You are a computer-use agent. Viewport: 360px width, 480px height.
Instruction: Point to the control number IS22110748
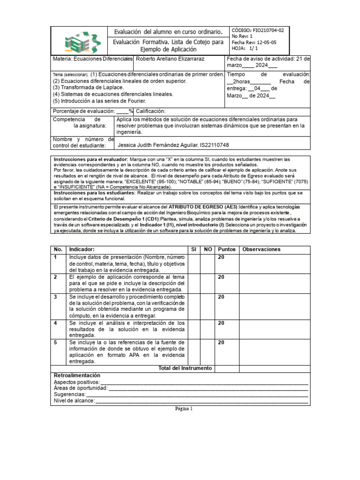tap(215, 145)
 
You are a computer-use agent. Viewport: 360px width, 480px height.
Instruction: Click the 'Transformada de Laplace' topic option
tap(89, 87)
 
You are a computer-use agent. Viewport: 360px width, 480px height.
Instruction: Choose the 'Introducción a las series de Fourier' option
tap(99, 101)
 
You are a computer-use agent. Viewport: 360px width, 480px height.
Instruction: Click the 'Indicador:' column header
tap(82, 249)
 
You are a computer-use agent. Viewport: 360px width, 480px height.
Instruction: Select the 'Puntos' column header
tap(227, 249)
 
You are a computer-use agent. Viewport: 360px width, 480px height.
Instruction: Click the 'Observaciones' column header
tap(261, 249)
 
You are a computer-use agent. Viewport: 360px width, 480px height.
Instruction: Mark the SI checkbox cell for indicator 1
tap(194, 263)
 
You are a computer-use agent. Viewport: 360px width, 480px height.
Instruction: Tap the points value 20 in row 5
tap(221, 343)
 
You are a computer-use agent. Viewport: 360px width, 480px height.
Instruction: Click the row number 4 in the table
tap(55, 323)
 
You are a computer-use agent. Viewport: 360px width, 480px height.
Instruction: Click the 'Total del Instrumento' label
tap(186, 368)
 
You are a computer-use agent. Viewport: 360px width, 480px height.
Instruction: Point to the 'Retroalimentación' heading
tap(77, 375)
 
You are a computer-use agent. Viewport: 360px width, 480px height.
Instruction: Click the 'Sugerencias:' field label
tap(69, 395)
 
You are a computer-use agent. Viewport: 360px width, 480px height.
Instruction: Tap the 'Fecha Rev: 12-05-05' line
tap(254, 42)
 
